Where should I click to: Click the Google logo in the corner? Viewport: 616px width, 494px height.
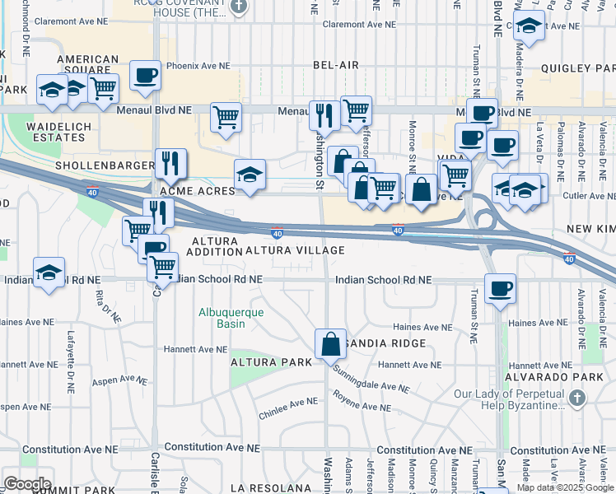(x=27, y=483)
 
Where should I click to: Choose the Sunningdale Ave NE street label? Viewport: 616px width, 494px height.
(x=371, y=378)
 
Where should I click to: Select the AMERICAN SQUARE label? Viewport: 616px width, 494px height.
(x=87, y=65)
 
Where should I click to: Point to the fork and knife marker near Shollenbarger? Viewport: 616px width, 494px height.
(x=170, y=164)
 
